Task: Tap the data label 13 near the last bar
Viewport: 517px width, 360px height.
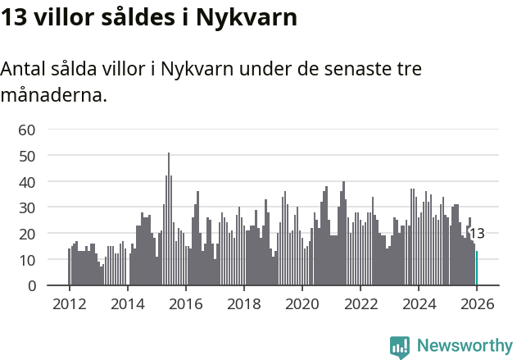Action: pos(476,234)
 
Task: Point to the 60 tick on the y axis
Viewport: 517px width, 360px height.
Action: pos(27,129)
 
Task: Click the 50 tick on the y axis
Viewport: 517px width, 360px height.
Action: pos(27,155)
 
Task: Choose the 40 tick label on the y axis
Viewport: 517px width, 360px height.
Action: pos(27,181)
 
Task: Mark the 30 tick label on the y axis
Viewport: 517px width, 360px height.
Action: pos(27,207)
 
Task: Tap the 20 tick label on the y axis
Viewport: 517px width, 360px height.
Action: pos(27,234)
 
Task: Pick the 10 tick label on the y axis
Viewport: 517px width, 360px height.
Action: pos(27,260)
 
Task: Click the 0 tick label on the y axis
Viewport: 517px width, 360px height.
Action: pos(31,286)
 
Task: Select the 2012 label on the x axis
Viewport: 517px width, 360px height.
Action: pos(69,304)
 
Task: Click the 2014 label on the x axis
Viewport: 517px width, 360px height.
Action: pos(128,304)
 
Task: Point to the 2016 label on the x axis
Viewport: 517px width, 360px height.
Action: pos(186,304)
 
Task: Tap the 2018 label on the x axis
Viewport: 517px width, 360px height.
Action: pos(244,304)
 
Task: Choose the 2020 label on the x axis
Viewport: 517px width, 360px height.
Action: pos(302,304)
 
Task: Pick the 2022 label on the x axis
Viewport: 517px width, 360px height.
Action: pos(361,304)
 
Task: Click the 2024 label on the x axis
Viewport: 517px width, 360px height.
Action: pos(419,304)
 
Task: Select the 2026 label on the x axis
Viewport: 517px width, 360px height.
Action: pos(477,304)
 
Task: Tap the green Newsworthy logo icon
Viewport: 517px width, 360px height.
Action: pos(400,347)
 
